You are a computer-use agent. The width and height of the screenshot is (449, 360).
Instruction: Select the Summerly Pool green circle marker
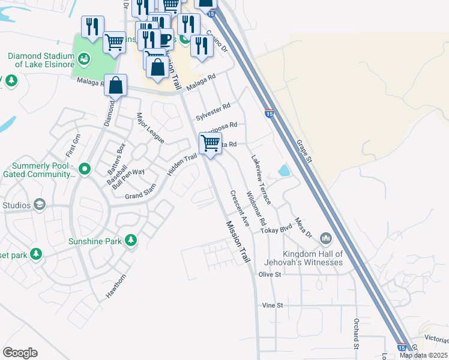[x=84, y=168]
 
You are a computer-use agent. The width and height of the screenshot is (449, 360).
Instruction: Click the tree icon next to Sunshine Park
[x=130, y=241]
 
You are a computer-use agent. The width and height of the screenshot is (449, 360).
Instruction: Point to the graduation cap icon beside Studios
[x=40, y=205]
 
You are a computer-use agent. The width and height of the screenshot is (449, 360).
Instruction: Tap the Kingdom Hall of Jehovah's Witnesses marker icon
[x=326, y=239]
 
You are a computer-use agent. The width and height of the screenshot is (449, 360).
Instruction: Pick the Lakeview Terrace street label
[x=261, y=180]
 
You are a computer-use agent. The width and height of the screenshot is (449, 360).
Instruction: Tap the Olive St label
[x=270, y=274]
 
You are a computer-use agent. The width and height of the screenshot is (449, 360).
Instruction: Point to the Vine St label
[x=272, y=305]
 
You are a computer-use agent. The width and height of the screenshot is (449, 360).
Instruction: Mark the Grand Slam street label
[x=140, y=196]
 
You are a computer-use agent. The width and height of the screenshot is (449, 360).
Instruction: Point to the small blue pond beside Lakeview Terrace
[x=283, y=171]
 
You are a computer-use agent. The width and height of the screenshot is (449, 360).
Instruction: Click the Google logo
[x=20, y=353]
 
